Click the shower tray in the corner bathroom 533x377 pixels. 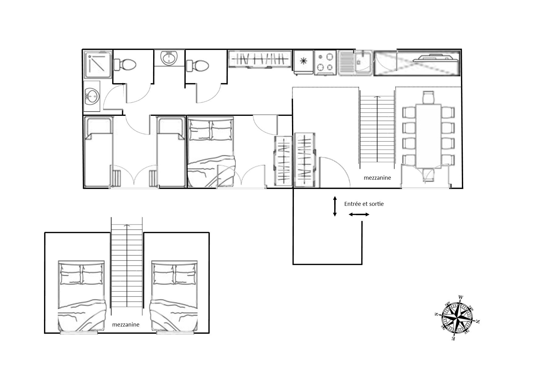[98, 65]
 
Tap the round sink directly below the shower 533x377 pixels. [92, 97]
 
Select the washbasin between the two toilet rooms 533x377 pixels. [169, 58]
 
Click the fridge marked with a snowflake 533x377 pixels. [303, 62]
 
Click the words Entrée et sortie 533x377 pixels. [364, 204]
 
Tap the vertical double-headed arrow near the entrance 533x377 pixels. [335, 206]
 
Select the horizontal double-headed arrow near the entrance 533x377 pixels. [359, 215]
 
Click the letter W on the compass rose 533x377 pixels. [461, 297]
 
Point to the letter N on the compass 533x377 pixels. [478, 322]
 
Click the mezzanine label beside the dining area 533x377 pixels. [377, 178]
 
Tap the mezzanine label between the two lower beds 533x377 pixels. [126, 325]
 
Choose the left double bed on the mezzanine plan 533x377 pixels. [82, 296]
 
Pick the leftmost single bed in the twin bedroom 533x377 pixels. [98, 152]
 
